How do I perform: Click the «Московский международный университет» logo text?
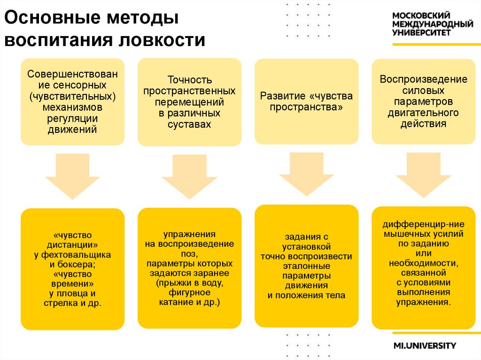432,24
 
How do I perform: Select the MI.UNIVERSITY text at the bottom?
425,346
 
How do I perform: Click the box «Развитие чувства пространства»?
306,101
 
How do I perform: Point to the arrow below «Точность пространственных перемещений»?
189,176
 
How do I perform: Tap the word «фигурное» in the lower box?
189,292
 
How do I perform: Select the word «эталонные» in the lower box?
306,266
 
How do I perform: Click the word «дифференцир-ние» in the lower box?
423,223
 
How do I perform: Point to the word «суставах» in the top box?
189,124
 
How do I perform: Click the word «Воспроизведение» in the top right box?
423,79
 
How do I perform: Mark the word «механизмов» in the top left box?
72,108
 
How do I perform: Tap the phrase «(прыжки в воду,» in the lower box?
189,283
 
